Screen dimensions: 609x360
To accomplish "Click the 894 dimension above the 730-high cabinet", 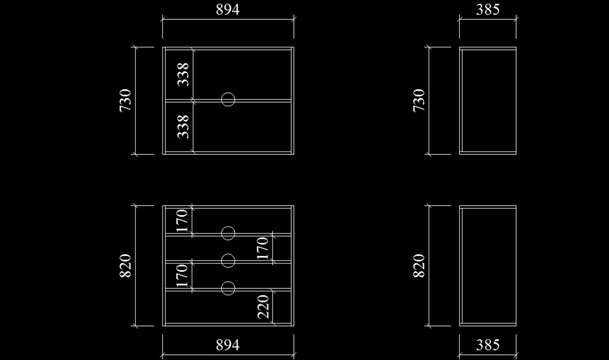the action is point(227,10).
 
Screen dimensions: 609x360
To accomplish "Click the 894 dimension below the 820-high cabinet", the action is point(227,345).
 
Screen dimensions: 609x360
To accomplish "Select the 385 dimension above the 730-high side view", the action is point(488,10).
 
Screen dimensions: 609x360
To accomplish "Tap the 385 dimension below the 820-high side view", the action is point(488,345).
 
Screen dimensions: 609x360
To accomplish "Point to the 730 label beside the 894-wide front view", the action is point(125,101).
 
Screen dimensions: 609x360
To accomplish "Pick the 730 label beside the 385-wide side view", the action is point(419,101).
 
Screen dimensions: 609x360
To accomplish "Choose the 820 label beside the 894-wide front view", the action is point(125,266).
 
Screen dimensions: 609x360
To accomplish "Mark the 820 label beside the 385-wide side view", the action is point(419,266).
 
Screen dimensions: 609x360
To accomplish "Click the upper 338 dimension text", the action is point(183,74).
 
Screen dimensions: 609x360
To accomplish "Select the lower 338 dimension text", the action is point(183,127).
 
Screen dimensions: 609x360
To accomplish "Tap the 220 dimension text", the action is point(263,307).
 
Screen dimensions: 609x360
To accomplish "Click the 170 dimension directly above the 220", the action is point(263,248).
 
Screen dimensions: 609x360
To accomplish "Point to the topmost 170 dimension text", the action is point(182,221).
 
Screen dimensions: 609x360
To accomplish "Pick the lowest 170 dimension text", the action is point(182,276).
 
